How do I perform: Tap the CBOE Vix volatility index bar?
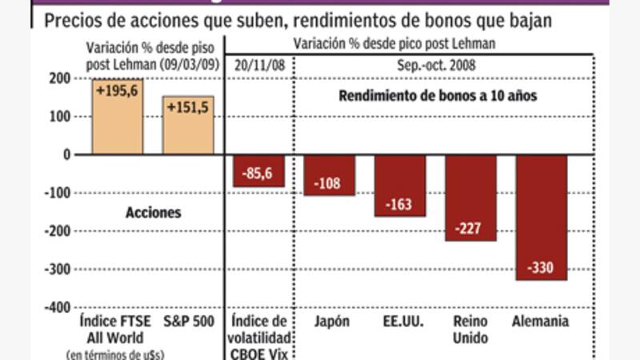(x=258, y=170)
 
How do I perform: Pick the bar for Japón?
(x=329, y=175)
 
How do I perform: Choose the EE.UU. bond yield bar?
(x=399, y=186)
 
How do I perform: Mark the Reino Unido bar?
(x=470, y=198)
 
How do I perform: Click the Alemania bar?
(x=541, y=217)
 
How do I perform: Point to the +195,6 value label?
(x=118, y=92)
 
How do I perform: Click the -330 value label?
(x=541, y=267)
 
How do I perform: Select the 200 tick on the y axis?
(x=59, y=78)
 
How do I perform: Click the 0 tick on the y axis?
(x=66, y=154)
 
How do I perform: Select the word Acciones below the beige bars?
(x=153, y=213)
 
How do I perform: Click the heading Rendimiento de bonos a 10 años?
(x=437, y=94)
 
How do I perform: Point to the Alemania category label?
(x=540, y=322)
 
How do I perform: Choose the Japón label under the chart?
(x=329, y=322)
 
